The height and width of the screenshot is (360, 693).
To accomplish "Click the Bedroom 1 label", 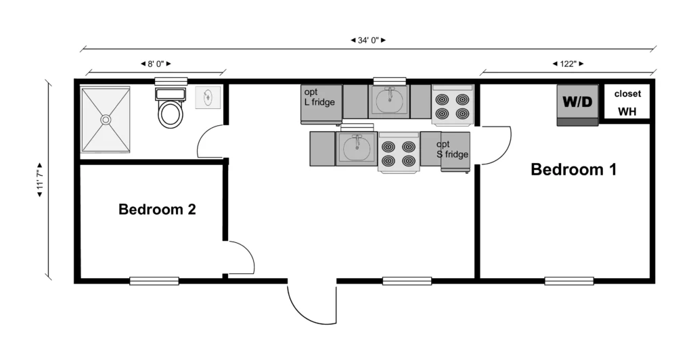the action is coord(573,170).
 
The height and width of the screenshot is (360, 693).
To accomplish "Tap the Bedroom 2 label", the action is coord(157,209).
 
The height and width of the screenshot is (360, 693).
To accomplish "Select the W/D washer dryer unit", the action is coord(577,105).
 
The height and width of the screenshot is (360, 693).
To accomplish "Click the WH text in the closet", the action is coord(627,112).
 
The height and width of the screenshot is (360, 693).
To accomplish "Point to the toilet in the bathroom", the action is coord(170,108).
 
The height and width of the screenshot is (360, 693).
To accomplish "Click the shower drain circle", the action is coord(106,120).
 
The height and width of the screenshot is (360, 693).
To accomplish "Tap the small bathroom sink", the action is coord(208,97).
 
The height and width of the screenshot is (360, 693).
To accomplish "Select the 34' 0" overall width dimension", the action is coord(368,40).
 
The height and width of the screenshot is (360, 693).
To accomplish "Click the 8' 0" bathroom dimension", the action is coord(156,64).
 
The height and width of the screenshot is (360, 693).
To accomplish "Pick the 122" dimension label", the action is coord(568,64).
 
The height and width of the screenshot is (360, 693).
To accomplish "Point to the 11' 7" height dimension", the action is coord(40,180).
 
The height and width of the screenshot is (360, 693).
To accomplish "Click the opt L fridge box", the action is coord(321,104).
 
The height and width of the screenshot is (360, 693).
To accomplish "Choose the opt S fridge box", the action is coord(455,152).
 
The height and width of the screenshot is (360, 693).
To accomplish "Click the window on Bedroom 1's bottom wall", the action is coord(568,281).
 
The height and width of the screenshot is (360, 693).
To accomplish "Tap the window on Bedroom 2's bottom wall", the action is coord(154,281).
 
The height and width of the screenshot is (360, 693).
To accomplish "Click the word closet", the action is coord(627,93).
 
